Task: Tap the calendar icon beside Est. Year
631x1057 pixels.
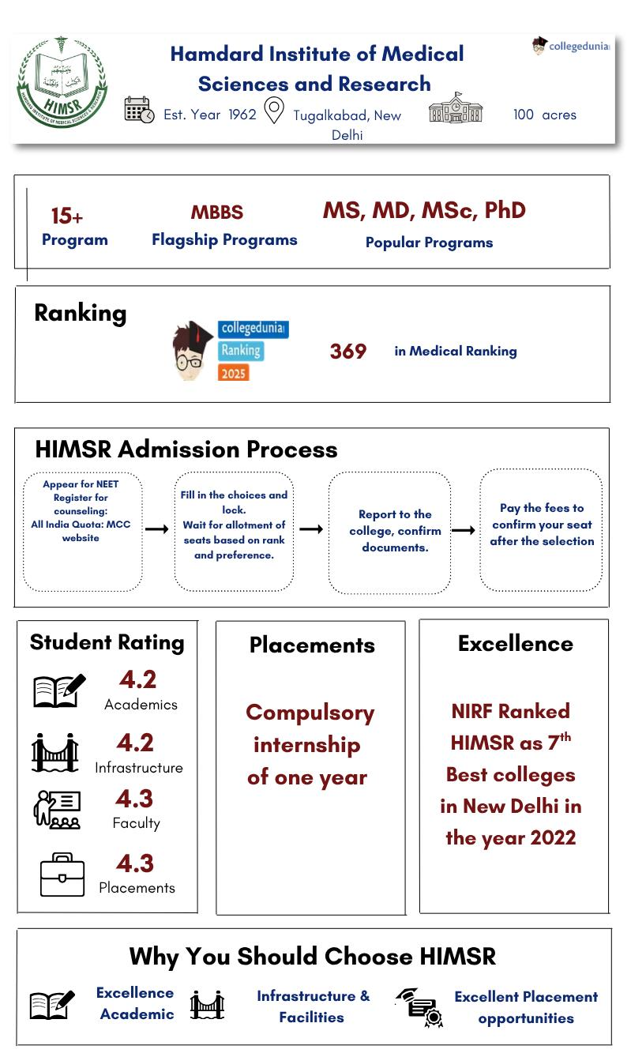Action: click(139, 110)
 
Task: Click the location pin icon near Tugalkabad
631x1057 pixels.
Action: click(273, 111)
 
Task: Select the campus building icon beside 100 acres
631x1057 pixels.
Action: click(456, 108)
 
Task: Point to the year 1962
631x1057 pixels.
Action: click(242, 115)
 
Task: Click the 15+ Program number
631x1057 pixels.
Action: click(67, 216)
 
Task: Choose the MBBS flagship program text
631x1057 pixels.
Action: click(217, 213)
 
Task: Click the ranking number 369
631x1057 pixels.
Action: click(348, 352)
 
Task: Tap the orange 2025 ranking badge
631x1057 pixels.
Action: click(233, 372)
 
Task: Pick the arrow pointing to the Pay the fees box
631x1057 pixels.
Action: click(463, 530)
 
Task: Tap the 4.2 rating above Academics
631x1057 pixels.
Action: click(137, 679)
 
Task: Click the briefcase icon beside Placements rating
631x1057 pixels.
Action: click(62, 875)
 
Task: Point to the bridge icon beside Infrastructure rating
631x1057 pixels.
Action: click(55, 752)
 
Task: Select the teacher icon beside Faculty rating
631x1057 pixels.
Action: click(57, 809)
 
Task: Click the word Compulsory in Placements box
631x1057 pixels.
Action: click(310, 713)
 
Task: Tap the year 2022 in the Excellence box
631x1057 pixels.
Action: click(546, 838)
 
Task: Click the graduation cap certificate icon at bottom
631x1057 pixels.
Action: click(419, 1007)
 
